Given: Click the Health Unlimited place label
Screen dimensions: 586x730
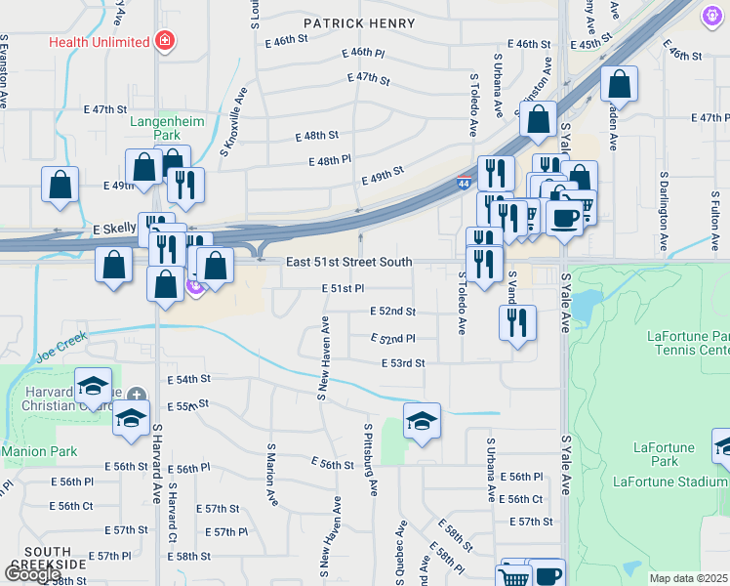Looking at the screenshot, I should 101,42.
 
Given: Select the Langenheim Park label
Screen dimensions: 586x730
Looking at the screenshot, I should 162,129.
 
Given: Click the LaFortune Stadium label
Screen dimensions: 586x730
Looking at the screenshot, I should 669,481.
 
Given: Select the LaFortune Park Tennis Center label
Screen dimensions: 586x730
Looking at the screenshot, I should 687,343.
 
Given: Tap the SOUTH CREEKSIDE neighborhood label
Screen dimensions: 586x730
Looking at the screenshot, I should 38,560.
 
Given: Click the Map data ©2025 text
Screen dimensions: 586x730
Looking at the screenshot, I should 688,578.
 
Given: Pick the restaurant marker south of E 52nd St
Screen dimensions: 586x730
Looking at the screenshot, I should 517,323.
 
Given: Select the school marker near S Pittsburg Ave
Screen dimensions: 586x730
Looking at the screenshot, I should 422,421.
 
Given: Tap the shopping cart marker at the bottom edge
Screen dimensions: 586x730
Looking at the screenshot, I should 513,576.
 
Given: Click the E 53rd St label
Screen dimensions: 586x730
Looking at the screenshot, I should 403,363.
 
